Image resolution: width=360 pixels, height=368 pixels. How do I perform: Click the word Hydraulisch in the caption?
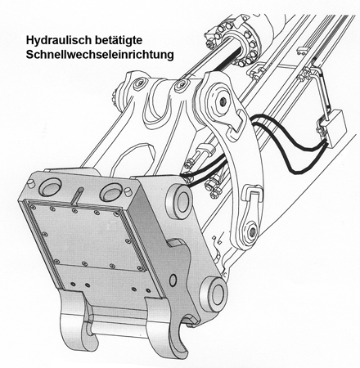click(59, 41)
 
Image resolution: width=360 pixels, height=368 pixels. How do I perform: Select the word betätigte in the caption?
click(119, 40)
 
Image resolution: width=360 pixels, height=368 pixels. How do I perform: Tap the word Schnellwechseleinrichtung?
click(100, 55)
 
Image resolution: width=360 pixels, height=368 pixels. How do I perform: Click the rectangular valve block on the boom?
click(335, 128)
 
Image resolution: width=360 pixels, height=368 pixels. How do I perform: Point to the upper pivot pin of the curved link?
click(222, 101)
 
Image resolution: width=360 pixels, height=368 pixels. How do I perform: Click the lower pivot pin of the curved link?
click(251, 231)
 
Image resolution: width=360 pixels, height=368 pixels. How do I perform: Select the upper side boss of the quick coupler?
click(179, 201)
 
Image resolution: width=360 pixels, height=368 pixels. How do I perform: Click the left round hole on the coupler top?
click(52, 187)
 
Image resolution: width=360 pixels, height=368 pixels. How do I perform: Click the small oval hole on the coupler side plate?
click(173, 280)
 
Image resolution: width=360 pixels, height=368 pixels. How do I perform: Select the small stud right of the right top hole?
click(128, 191)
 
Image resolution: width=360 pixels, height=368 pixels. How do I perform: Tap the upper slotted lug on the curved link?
click(236, 122)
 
